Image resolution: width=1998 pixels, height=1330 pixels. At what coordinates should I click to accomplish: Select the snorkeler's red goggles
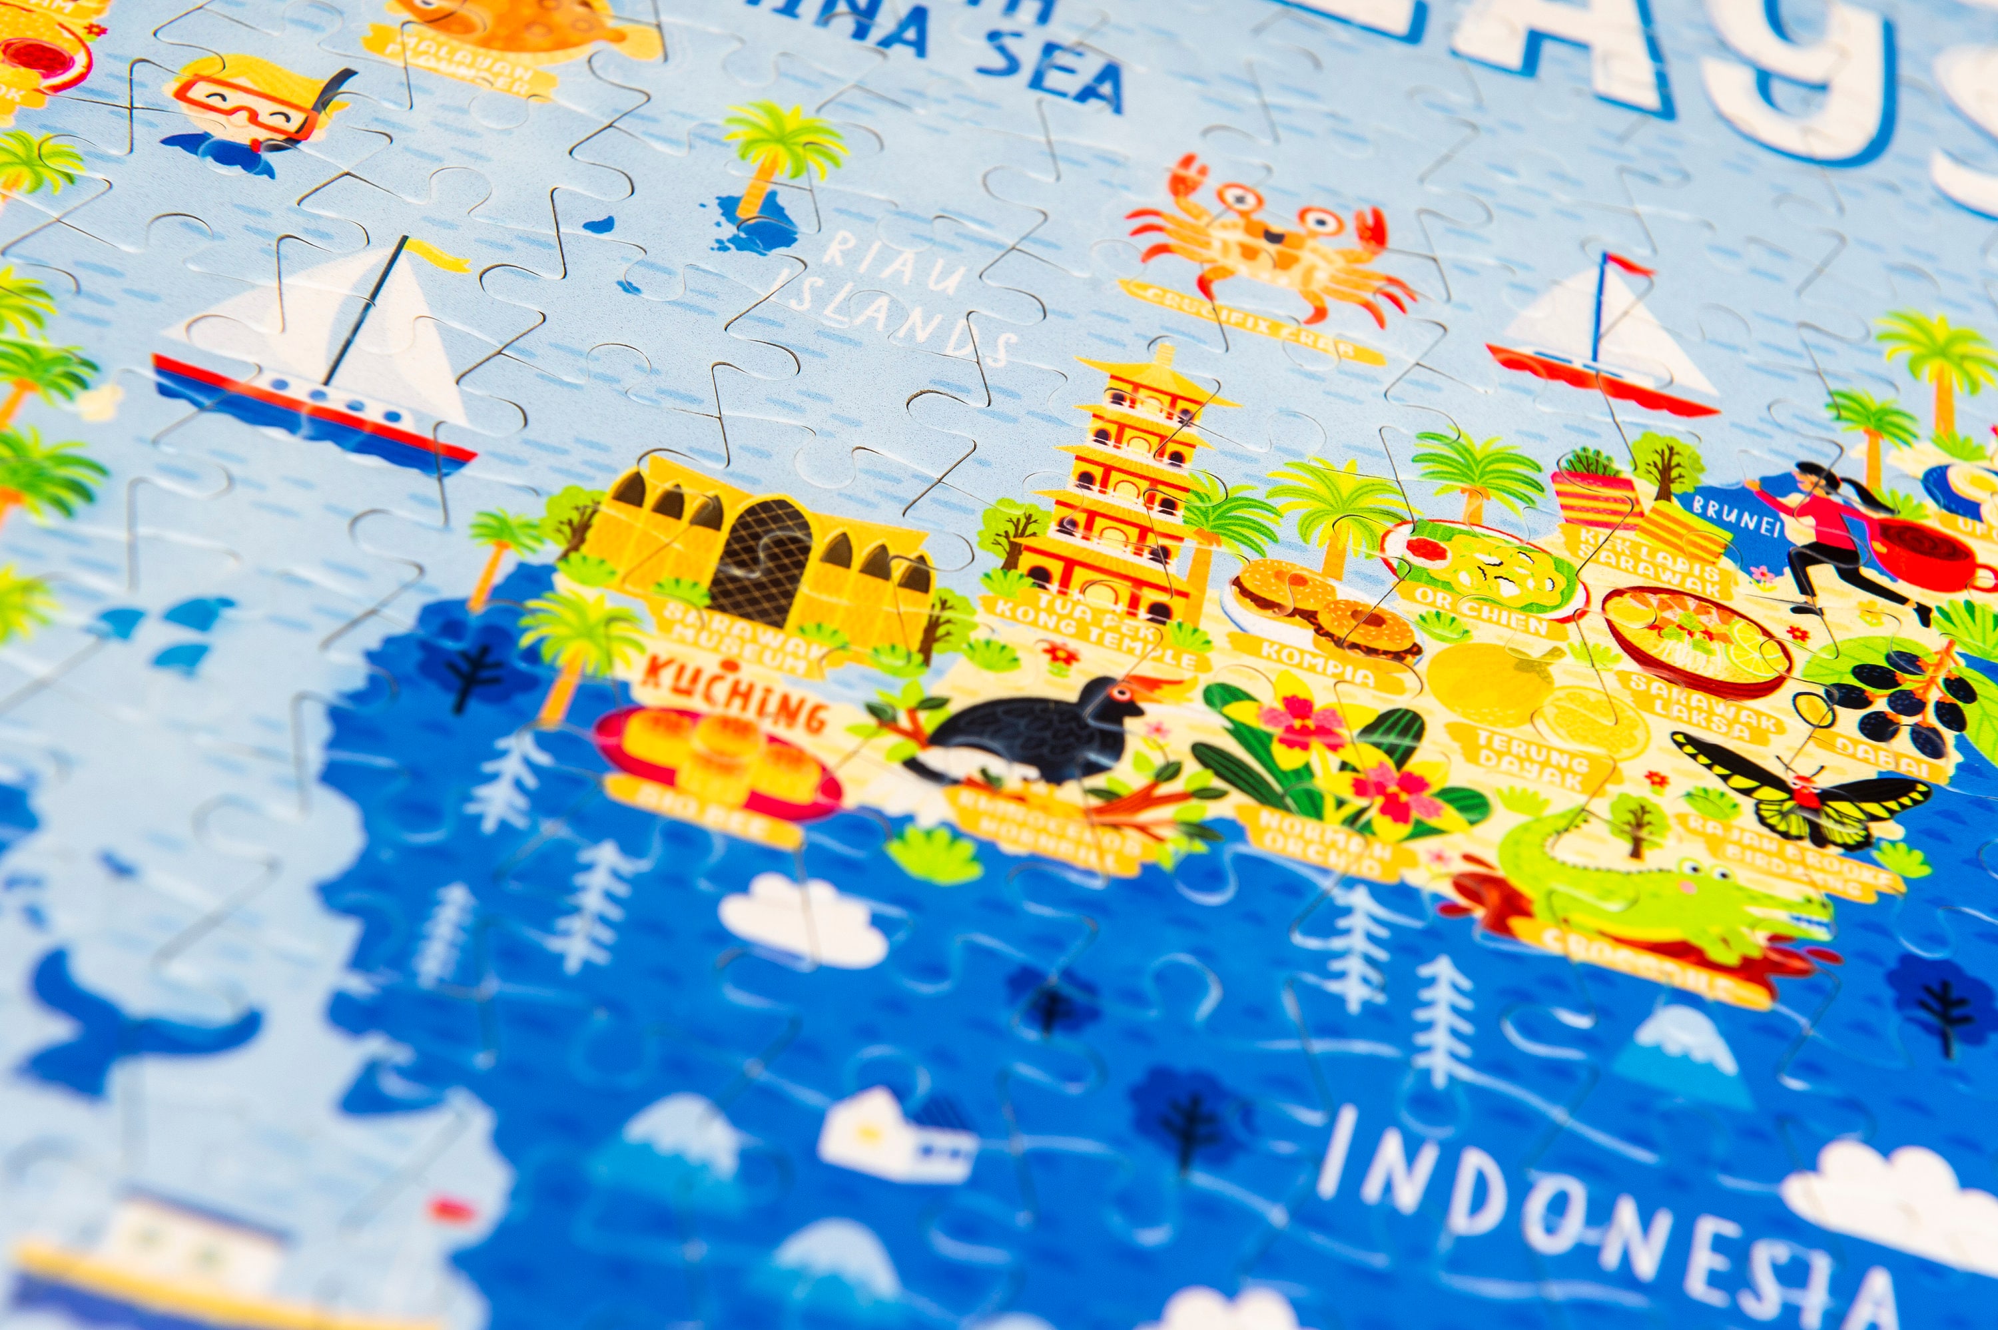pyautogui.click(x=254, y=106)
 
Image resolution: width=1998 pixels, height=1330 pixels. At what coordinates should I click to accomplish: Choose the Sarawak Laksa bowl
pyautogui.click(x=1696, y=641)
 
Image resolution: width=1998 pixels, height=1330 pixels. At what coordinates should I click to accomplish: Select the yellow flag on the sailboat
pyautogui.click(x=437, y=254)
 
